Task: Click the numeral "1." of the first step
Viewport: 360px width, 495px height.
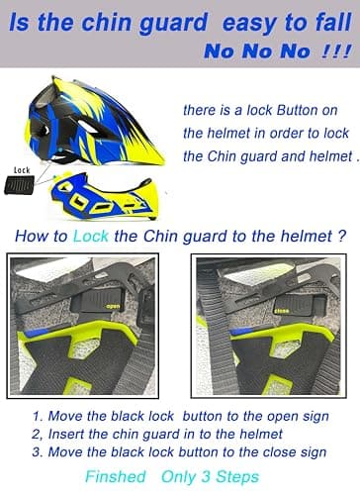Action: click(39, 416)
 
